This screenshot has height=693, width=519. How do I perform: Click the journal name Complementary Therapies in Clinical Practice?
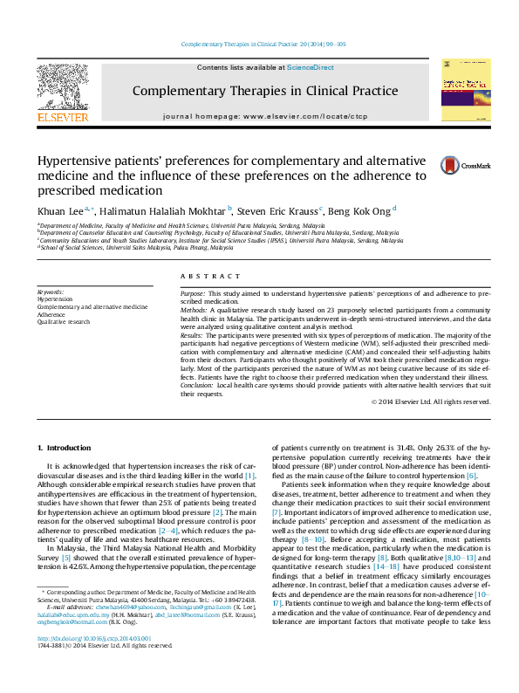click(x=265, y=91)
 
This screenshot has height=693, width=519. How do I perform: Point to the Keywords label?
click(x=51, y=291)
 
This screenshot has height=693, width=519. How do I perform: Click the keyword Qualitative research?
click(x=64, y=321)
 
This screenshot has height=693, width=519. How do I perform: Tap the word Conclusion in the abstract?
click(x=196, y=384)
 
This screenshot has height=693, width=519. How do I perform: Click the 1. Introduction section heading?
click(x=67, y=448)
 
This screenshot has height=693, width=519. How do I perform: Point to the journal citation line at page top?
click(x=263, y=44)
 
